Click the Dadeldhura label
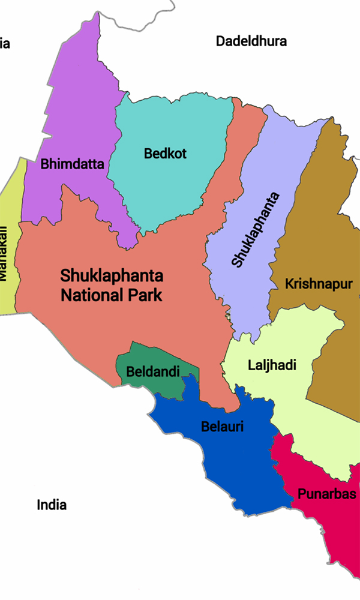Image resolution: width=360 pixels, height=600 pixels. [x=251, y=41]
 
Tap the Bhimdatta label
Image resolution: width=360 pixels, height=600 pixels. [x=72, y=164]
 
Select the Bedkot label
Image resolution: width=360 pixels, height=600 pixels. [x=165, y=154]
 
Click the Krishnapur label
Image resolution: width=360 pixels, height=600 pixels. [x=319, y=284]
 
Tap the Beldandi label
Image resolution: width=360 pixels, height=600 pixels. [x=153, y=372]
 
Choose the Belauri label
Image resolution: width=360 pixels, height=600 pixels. [x=222, y=427]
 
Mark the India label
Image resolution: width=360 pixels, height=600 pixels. [x=52, y=505]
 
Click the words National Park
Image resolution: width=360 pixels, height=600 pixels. [x=112, y=295]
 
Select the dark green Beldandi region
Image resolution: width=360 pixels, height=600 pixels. [x=139, y=356]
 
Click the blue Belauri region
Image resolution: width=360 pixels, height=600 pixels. [x=240, y=468]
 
